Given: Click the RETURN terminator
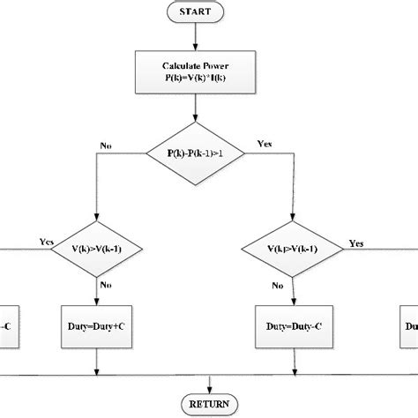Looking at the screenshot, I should coord(209,405).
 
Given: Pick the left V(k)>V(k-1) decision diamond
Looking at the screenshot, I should coord(98,249).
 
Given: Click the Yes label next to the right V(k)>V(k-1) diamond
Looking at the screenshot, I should coord(356,242).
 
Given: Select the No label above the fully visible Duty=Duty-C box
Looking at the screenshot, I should coord(277,285).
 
